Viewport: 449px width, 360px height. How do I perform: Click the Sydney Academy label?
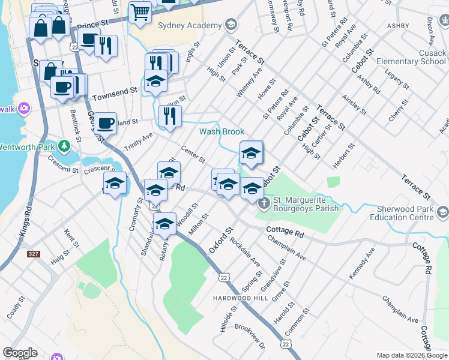[x=188, y=25]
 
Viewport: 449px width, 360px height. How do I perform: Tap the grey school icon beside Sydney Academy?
[x=231, y=25]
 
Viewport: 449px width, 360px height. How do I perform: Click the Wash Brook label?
[x=221, y=131]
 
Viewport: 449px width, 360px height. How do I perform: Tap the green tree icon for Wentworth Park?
[x=63, y=145]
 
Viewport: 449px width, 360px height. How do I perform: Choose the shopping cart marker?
[x=140, y=12]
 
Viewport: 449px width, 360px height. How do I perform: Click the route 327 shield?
[x=33, y=254]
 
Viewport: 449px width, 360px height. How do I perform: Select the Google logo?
[x=20, y=353]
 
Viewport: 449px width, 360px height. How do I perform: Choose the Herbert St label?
[x=344, y=155]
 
